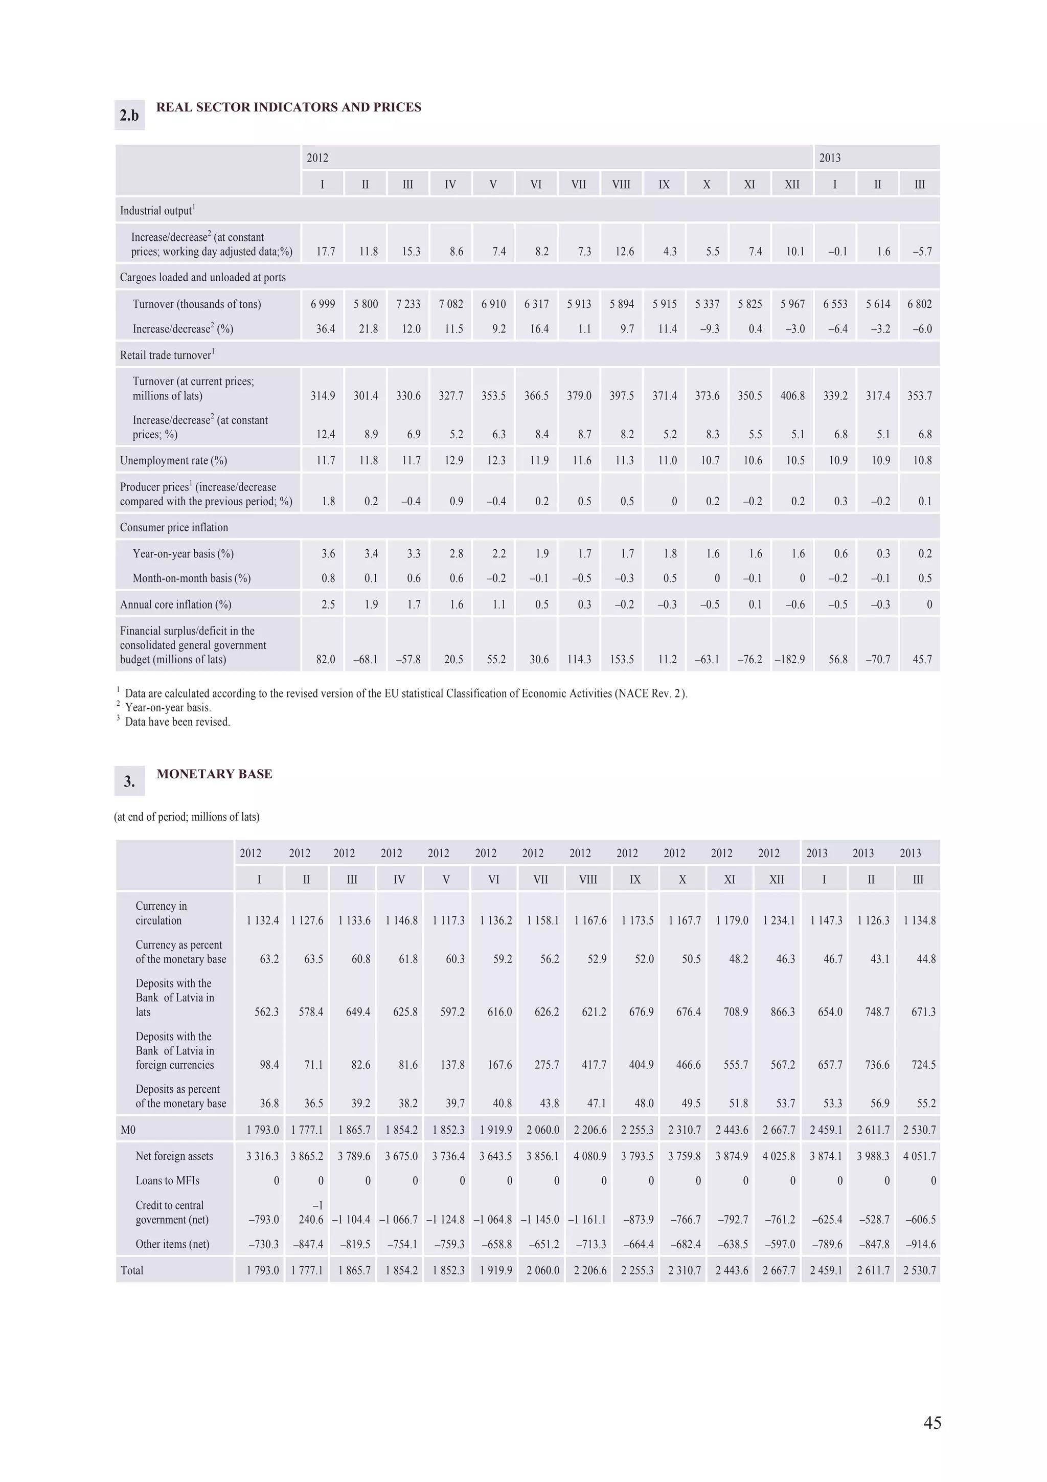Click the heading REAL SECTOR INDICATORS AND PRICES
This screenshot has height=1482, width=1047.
click(288, 107)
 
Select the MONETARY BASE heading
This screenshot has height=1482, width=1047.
click(214, 774)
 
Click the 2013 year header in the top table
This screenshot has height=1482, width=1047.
click(830, 158)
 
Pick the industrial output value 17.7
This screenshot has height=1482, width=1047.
click(326, 252)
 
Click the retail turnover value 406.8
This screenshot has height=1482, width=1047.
click(792, 396)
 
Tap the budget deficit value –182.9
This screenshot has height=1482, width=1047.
click(790, 660)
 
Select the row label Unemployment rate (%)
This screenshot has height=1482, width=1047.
click(173, 461)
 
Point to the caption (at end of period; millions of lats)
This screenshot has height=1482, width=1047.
click(187, 817)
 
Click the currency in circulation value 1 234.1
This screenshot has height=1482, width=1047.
click(779, 920)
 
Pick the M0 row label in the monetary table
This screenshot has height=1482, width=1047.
click(128, 1130)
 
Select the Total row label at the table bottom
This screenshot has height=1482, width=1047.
click(132, 1270)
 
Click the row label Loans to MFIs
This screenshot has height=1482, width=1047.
click(167, 1181)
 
